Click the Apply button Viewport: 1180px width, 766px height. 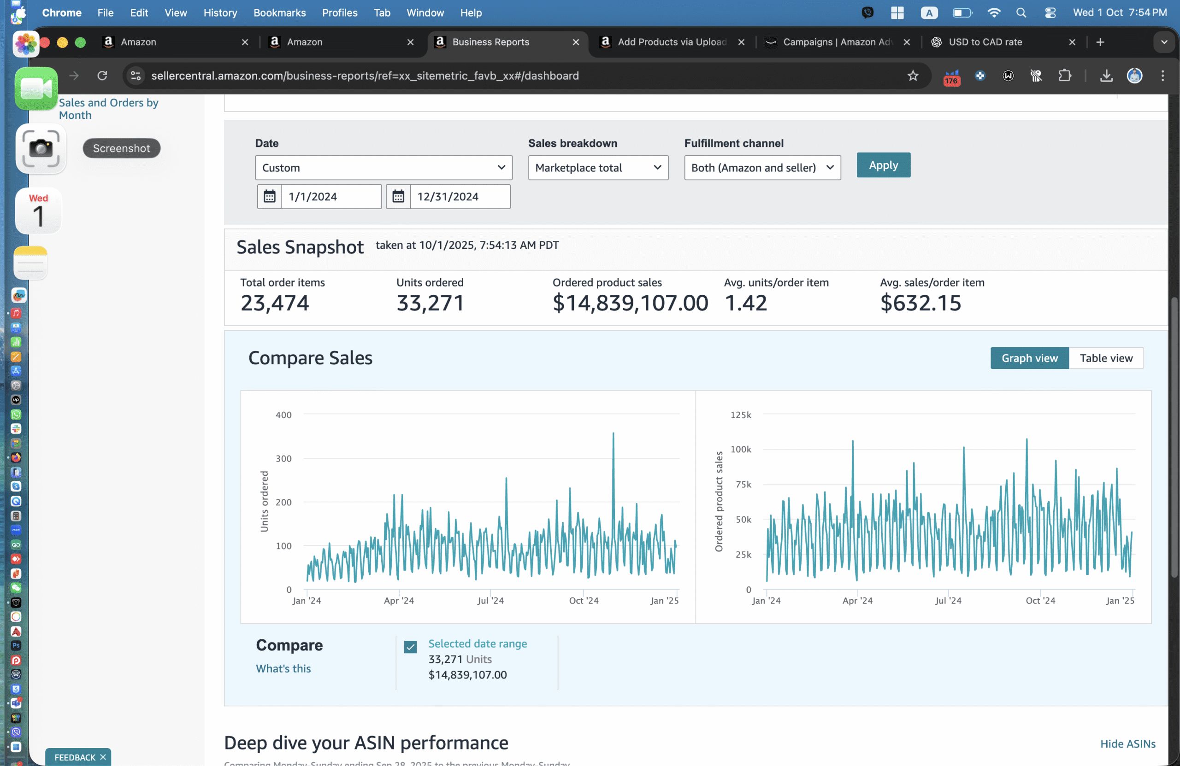click(x=883, y=165)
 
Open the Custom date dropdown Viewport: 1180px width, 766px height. click(x=383, y=168)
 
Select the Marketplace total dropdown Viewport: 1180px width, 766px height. click(x=598, y=168)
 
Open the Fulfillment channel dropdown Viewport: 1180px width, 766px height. click(x=762, y=168)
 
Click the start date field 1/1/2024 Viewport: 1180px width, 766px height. click(x=330, y=197)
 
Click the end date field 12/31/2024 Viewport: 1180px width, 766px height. click(x=459, y=197)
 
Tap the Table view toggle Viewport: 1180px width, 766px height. click(x=1106, y=358)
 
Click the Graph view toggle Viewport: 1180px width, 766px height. click(x=1029, y=358)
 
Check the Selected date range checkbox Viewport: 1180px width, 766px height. click(x=410, y=647)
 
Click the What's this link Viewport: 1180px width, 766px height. click(x=283, y=668)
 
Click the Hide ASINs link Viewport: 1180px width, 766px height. click(x=1127, y=743)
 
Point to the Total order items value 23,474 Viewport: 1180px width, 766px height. click(x=275, y=303)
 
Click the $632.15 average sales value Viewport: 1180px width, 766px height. click(x=920, y=303)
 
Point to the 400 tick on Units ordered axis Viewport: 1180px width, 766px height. click(x=283, y=415)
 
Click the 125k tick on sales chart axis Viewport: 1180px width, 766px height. click(x=740, y=415)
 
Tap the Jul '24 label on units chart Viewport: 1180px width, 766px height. click(x=490, y=601)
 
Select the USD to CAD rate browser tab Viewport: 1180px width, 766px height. click(x=985, y=42)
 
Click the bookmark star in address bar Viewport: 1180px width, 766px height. click(x=913, y=76)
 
